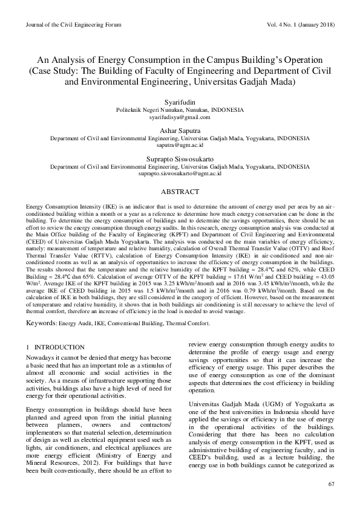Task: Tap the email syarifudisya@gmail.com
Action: [x=180, y=117]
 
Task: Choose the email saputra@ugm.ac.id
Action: [x=180, y=145]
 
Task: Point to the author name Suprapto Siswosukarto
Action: [x=180, y=159]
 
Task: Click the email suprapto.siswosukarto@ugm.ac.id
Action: [x=180, y=173]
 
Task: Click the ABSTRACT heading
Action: [x=180, y=192]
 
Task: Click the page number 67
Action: [x=331, y=485]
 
